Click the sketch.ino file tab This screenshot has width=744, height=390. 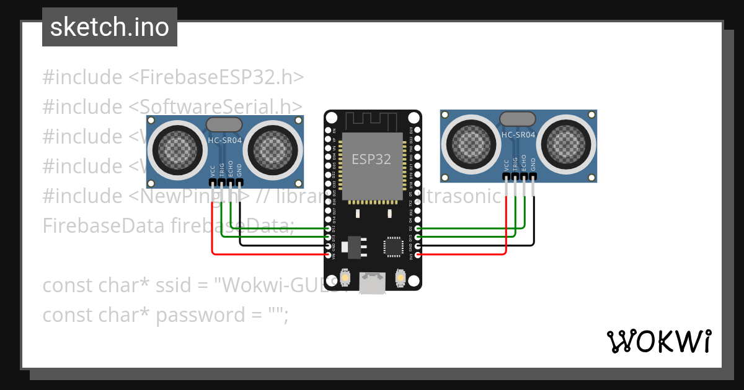pyautogui.click(x=109, y=27)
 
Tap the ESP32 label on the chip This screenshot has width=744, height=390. pyautogui.click(x=371, y=158)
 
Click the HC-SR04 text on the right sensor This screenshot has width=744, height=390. pyautogui.click(x=518, y=135)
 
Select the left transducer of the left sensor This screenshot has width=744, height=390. pyautogui.click(x=175, y=147)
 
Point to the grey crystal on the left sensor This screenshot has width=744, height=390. pyautogui.click(x=224, y=124)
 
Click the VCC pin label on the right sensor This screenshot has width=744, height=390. pyautogui.click(x=507, y=164)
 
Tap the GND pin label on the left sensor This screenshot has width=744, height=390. pyautogui.click(x=239, y=170)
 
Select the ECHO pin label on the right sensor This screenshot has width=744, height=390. pyautogui.click(x=525, y=163)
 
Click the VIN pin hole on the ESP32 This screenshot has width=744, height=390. pyautogui.click(x=329, y=254)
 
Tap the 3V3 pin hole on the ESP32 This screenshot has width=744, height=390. pyautogui.click(x=417, y=254)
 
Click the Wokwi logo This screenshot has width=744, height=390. pyautogui.click(x=658, y=341)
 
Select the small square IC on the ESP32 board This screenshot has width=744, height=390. pyautogui.click(x=394, y=246)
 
